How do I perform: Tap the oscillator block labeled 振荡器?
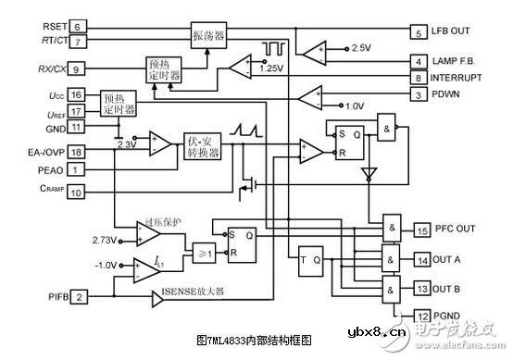tap(209, 34)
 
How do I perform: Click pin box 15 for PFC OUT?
tap(421, 230)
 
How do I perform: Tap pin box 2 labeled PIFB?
tap(81, 296)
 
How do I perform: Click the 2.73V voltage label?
tap(106, 240)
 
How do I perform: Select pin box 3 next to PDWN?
tap(419, 94)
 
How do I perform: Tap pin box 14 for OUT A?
tap(421, 261)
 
